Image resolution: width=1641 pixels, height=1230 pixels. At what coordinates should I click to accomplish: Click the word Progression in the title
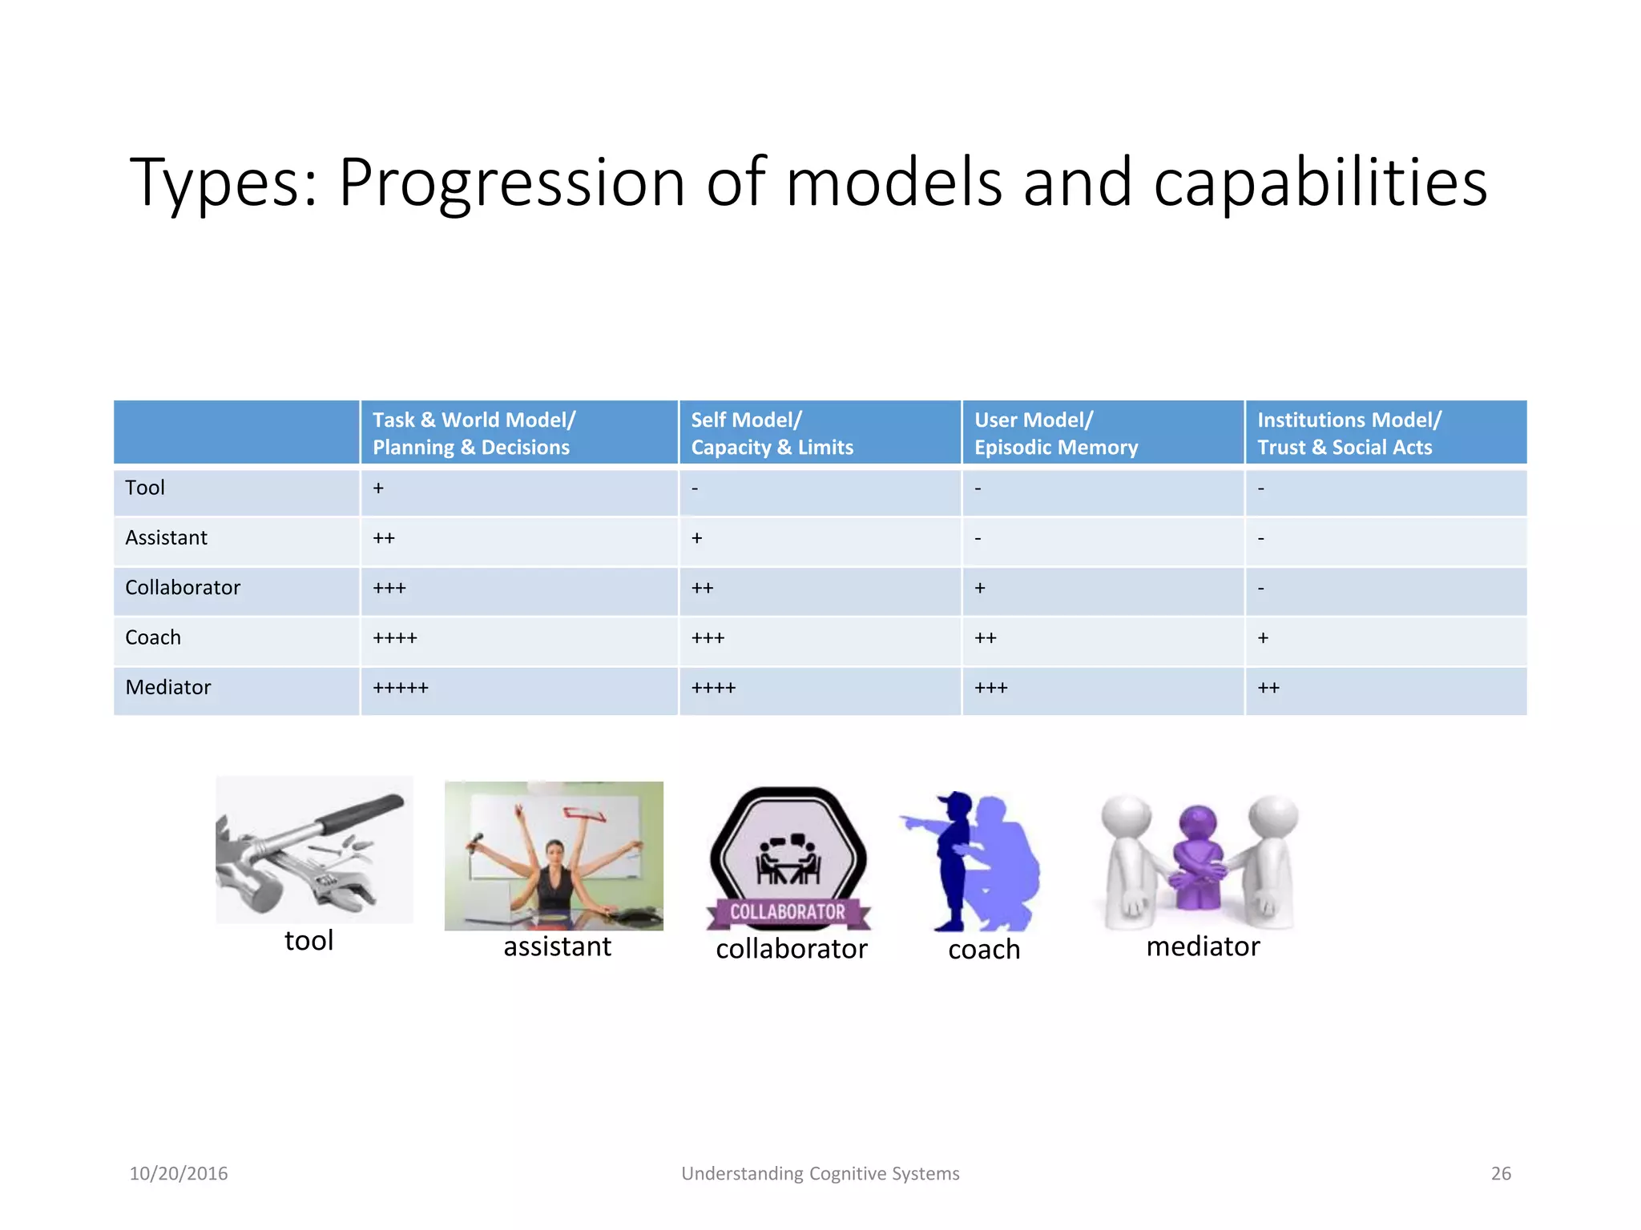pyautogui.click(x=511, y=183)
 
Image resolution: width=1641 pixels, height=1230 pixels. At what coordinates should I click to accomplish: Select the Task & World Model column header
pyautogui.click(x=474, y=433)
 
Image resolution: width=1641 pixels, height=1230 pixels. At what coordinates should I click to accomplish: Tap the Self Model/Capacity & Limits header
pyautogui.click(x=772, y=433)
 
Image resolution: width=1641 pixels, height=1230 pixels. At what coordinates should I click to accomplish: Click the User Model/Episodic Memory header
pyautogui.click(x=1055, y=433)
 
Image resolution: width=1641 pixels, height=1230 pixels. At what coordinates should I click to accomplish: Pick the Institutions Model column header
pyautogui.click(x=1348, y=433)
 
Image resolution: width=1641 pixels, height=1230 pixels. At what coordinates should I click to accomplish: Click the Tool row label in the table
pyautogui.click(x=145, y=488)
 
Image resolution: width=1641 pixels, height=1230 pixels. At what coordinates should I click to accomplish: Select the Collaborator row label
pyautogui.click(x=183, y=588)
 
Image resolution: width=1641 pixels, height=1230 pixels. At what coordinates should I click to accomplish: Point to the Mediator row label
pyautogui.click(x=168, y=687)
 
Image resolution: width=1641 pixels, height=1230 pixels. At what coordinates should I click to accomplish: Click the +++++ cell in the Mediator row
pyautogui.click(x=401, y=688)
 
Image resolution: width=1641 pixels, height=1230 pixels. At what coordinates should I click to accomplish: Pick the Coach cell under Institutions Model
pyautogui.click(x=1264, y=638)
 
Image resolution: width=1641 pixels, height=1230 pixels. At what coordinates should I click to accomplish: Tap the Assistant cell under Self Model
pyautogui.click(x=697, y=538)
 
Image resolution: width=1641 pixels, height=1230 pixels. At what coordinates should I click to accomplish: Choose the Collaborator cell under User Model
pyautogui.click(x=980, y=589)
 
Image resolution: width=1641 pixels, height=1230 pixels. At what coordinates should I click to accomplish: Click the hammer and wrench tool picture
pyautogui.click(x=314, y=850)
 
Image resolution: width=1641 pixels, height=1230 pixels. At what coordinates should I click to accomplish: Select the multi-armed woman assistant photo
pyautogui.click(x=554, y=855)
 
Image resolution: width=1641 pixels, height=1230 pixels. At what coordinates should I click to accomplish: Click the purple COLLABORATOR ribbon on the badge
pyautogui.click(x=788, y=912)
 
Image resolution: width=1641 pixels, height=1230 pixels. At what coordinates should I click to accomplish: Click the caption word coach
pyautogui.click(x=984, y=950)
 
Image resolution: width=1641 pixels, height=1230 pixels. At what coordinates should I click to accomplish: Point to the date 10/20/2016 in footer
pyautogui.click(x=179, y=1174)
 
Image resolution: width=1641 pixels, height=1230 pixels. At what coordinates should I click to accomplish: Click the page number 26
pyautogui.click(x=1500, y=1174)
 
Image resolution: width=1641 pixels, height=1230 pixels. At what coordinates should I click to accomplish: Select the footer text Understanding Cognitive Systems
pyautogui.click(x=820, y=1174)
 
